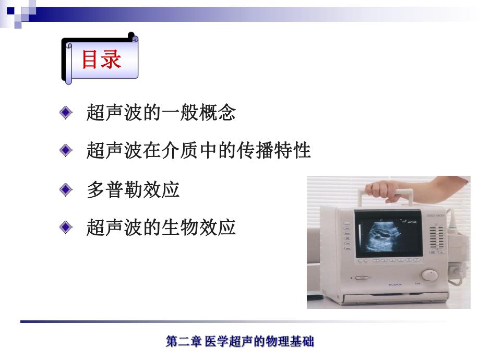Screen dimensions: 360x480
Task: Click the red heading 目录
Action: click(101, 59)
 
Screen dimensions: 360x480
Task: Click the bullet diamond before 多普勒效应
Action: click(66, 189)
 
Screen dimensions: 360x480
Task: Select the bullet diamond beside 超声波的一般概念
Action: click(66, 112)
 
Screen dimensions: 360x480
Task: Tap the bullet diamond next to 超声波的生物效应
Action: click(66, 227)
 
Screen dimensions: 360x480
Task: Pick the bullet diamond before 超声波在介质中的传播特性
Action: click(66, 151)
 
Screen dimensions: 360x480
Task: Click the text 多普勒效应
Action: click(133, 189)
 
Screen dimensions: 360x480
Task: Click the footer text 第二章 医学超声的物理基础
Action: click(239, 342)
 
